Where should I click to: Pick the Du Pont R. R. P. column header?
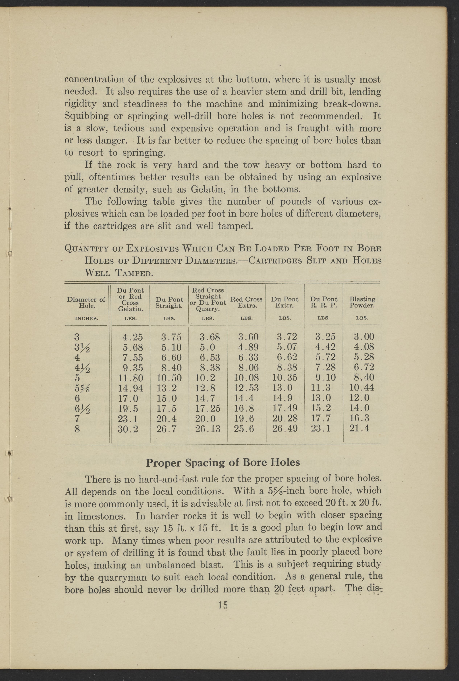[324, 302]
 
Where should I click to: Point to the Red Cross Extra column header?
[246, 302]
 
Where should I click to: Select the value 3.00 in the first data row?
[364, 337]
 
